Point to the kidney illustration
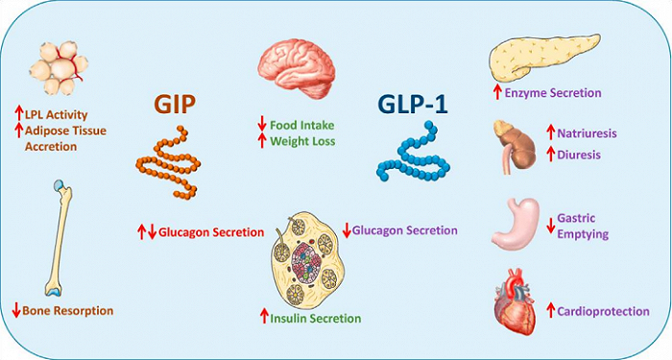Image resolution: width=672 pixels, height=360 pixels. point(509,142)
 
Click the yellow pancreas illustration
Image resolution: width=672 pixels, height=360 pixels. point(537,57)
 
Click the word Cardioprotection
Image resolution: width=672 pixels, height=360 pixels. point(603,311)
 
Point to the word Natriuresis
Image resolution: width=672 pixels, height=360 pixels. point(592,131)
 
